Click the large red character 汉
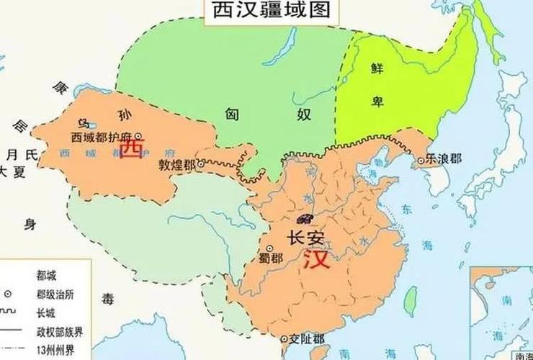tap(318, 259)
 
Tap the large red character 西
tap(131, 148)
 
